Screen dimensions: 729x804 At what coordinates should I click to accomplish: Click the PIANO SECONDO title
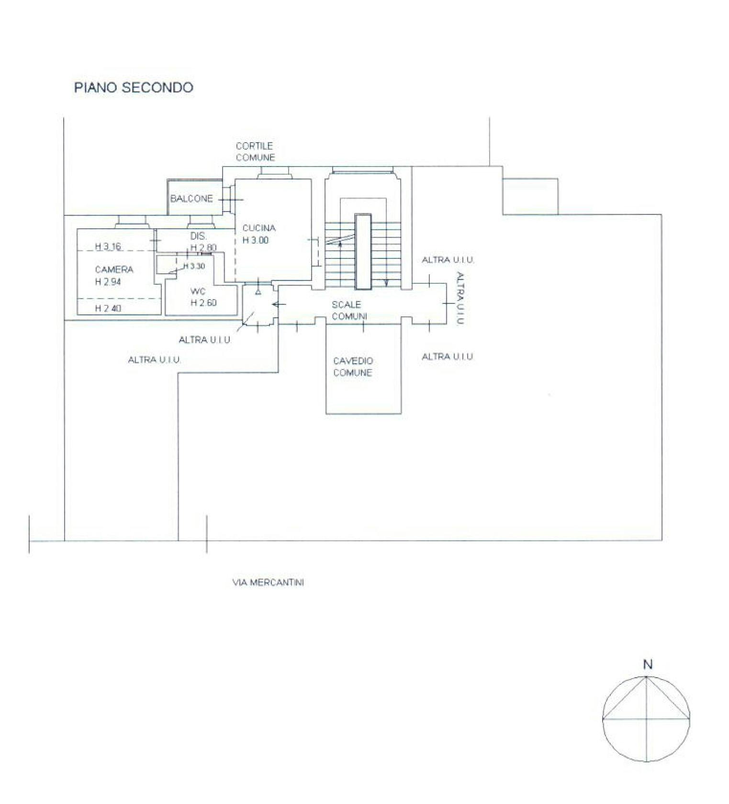134,88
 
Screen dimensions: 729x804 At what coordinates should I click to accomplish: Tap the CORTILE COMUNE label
255,151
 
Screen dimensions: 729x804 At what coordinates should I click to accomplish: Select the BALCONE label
191,198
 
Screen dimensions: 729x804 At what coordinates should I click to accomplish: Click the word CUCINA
259,228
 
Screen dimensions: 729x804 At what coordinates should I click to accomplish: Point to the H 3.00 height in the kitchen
255,240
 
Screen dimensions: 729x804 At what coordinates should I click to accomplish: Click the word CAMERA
114,269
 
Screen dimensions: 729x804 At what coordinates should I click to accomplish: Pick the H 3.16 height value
108,246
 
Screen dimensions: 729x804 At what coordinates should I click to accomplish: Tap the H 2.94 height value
108,282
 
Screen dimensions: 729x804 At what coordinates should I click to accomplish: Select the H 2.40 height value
108,308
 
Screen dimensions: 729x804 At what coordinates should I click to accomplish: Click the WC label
198,291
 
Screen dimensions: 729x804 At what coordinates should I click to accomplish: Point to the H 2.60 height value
203,302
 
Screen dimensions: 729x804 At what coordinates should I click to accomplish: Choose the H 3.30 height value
194,266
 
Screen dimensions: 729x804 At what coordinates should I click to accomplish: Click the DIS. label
198,236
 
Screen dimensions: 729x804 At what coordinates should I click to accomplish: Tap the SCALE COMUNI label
349,310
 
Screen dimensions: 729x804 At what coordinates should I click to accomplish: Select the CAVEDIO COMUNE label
353,367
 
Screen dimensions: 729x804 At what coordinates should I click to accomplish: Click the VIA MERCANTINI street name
268,582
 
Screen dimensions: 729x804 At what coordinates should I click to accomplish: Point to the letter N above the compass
648,664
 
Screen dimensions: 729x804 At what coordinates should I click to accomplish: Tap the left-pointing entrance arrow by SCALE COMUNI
279,304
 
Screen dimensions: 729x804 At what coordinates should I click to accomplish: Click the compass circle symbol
647,676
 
